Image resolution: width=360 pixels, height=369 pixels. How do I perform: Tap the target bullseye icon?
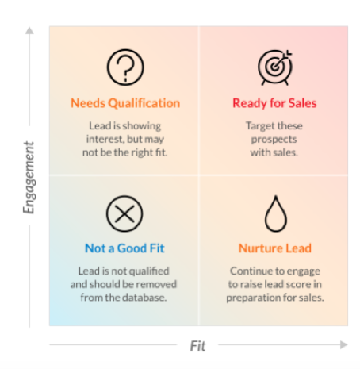[x=275, y=67]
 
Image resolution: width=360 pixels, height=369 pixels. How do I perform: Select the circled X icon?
[x=124, y=213]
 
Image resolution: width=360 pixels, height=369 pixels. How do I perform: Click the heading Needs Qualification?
[x=125, y=103]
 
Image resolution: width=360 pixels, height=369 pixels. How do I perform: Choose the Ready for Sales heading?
[x=274, y=103]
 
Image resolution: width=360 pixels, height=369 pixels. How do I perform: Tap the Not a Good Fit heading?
[x=124, y=248]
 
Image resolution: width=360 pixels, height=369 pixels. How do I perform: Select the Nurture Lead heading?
[x=275, y=248]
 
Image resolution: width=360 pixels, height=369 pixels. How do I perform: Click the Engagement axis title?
[x=29, y=178]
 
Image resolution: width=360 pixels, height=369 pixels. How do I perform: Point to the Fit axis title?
[x=197, y=346]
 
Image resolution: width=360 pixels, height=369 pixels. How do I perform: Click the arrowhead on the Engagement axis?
[x=29, y=30]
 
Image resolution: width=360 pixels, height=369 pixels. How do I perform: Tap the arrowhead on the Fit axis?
[x=344, y=344]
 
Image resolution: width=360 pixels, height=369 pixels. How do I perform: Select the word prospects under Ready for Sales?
[x=274, y=140]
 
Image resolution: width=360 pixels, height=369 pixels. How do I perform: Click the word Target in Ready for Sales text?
[x=258, y=126]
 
